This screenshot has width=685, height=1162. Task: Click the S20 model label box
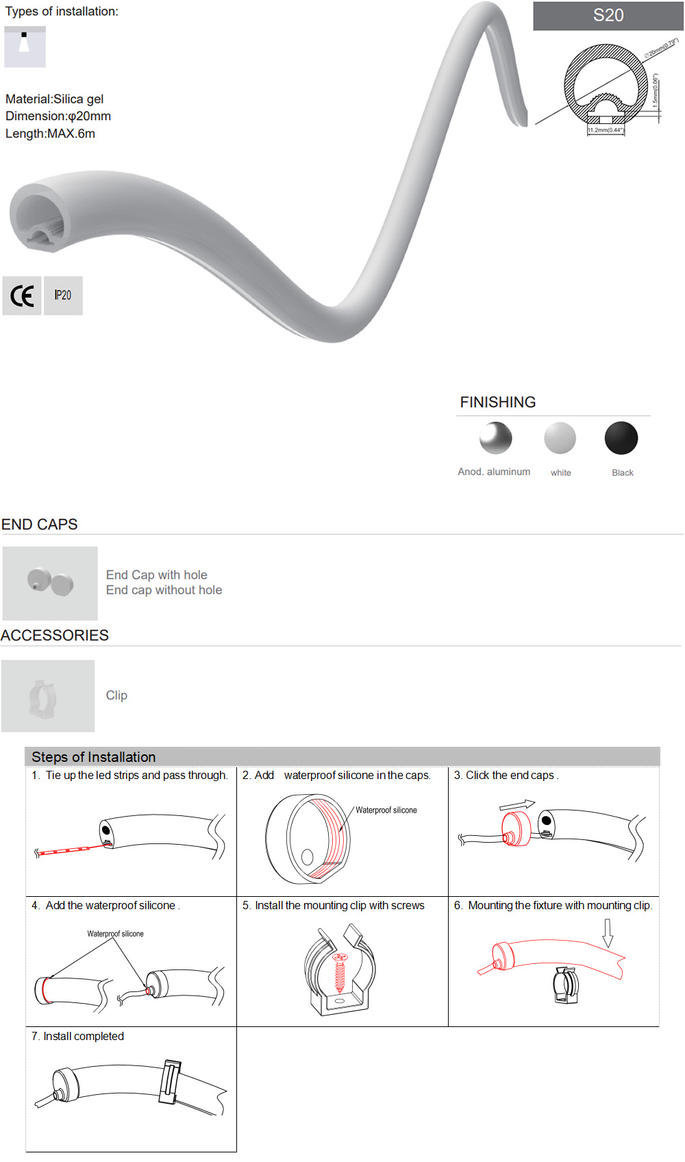tap(608, 16)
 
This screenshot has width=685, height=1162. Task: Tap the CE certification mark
tap(22, 296)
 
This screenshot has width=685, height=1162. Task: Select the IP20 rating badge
tap(63, 296)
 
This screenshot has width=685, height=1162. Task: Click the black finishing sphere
tap(621, 438)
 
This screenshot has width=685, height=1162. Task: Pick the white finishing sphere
tap(560, 438)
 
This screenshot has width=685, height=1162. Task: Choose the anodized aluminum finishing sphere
tap(495, 438)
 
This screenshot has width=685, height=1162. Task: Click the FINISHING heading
tap(498, 402)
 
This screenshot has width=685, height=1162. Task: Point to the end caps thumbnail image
tap(50, 583)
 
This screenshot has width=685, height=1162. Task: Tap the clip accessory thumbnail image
tap(48, 696)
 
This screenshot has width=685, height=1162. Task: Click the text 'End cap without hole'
tap(164, 590)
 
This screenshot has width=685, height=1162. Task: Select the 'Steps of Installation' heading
tap(94, 757)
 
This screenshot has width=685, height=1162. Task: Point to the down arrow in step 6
tap(608, 932)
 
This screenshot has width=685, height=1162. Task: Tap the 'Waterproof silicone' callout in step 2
tap(386, 811)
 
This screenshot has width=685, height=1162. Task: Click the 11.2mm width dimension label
tap(606, 129)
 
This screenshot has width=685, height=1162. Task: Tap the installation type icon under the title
tap(25, 47)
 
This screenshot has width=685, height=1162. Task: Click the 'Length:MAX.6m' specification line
tap(50, 134)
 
